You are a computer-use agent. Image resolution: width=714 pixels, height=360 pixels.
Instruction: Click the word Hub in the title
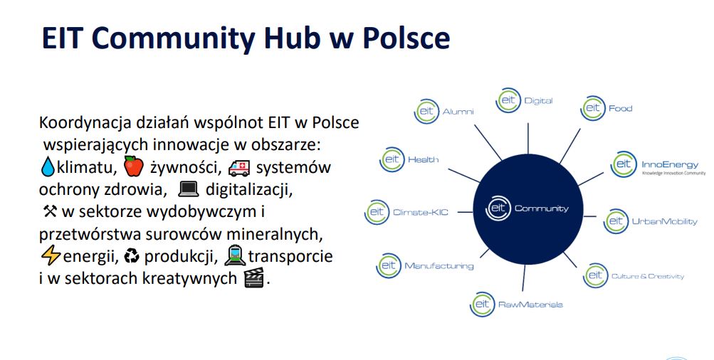pyautogui.click(x=293, y=38)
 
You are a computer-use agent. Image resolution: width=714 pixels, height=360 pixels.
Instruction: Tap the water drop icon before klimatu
pyautogui.click(x=48, y=166)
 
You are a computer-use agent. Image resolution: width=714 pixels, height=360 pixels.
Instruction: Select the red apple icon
pyautogui.click(x=133, y=166)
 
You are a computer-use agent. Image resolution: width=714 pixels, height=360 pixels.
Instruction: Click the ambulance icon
pyautogui.click(x=239, y=167)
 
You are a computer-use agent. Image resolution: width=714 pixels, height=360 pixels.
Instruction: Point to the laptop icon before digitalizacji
pyautogui.click(x=189, y=189)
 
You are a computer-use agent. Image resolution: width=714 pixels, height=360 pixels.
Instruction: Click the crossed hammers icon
pyautogui.click(x=50, y=211)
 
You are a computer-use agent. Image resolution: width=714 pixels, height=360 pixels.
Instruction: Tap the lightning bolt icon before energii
pyautogui.click(x=50, y=256)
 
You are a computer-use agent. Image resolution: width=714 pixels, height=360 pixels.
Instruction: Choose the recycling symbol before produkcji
pyautogui.click(x=132, y=256)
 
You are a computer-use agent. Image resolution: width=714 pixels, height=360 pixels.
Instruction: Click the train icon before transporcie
pyautogui.click(x=235, y=255)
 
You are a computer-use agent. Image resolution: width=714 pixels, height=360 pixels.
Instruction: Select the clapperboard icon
pyautogui.click(x=254, y=277)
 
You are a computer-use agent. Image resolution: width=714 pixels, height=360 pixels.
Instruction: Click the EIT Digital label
pyautogui.click(x=524, y=100)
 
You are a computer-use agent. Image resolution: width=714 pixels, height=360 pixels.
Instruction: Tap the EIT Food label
pyautogui.click(x=606, y=108)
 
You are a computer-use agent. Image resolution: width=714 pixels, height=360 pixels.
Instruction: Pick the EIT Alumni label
pyautogui.click(x=444, y=111)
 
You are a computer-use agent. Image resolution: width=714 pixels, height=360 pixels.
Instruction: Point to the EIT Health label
pyautogui.click(x=409, y=159)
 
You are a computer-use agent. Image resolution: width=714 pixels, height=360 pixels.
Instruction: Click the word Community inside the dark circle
pyautogui.click(x=542, y=208)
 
